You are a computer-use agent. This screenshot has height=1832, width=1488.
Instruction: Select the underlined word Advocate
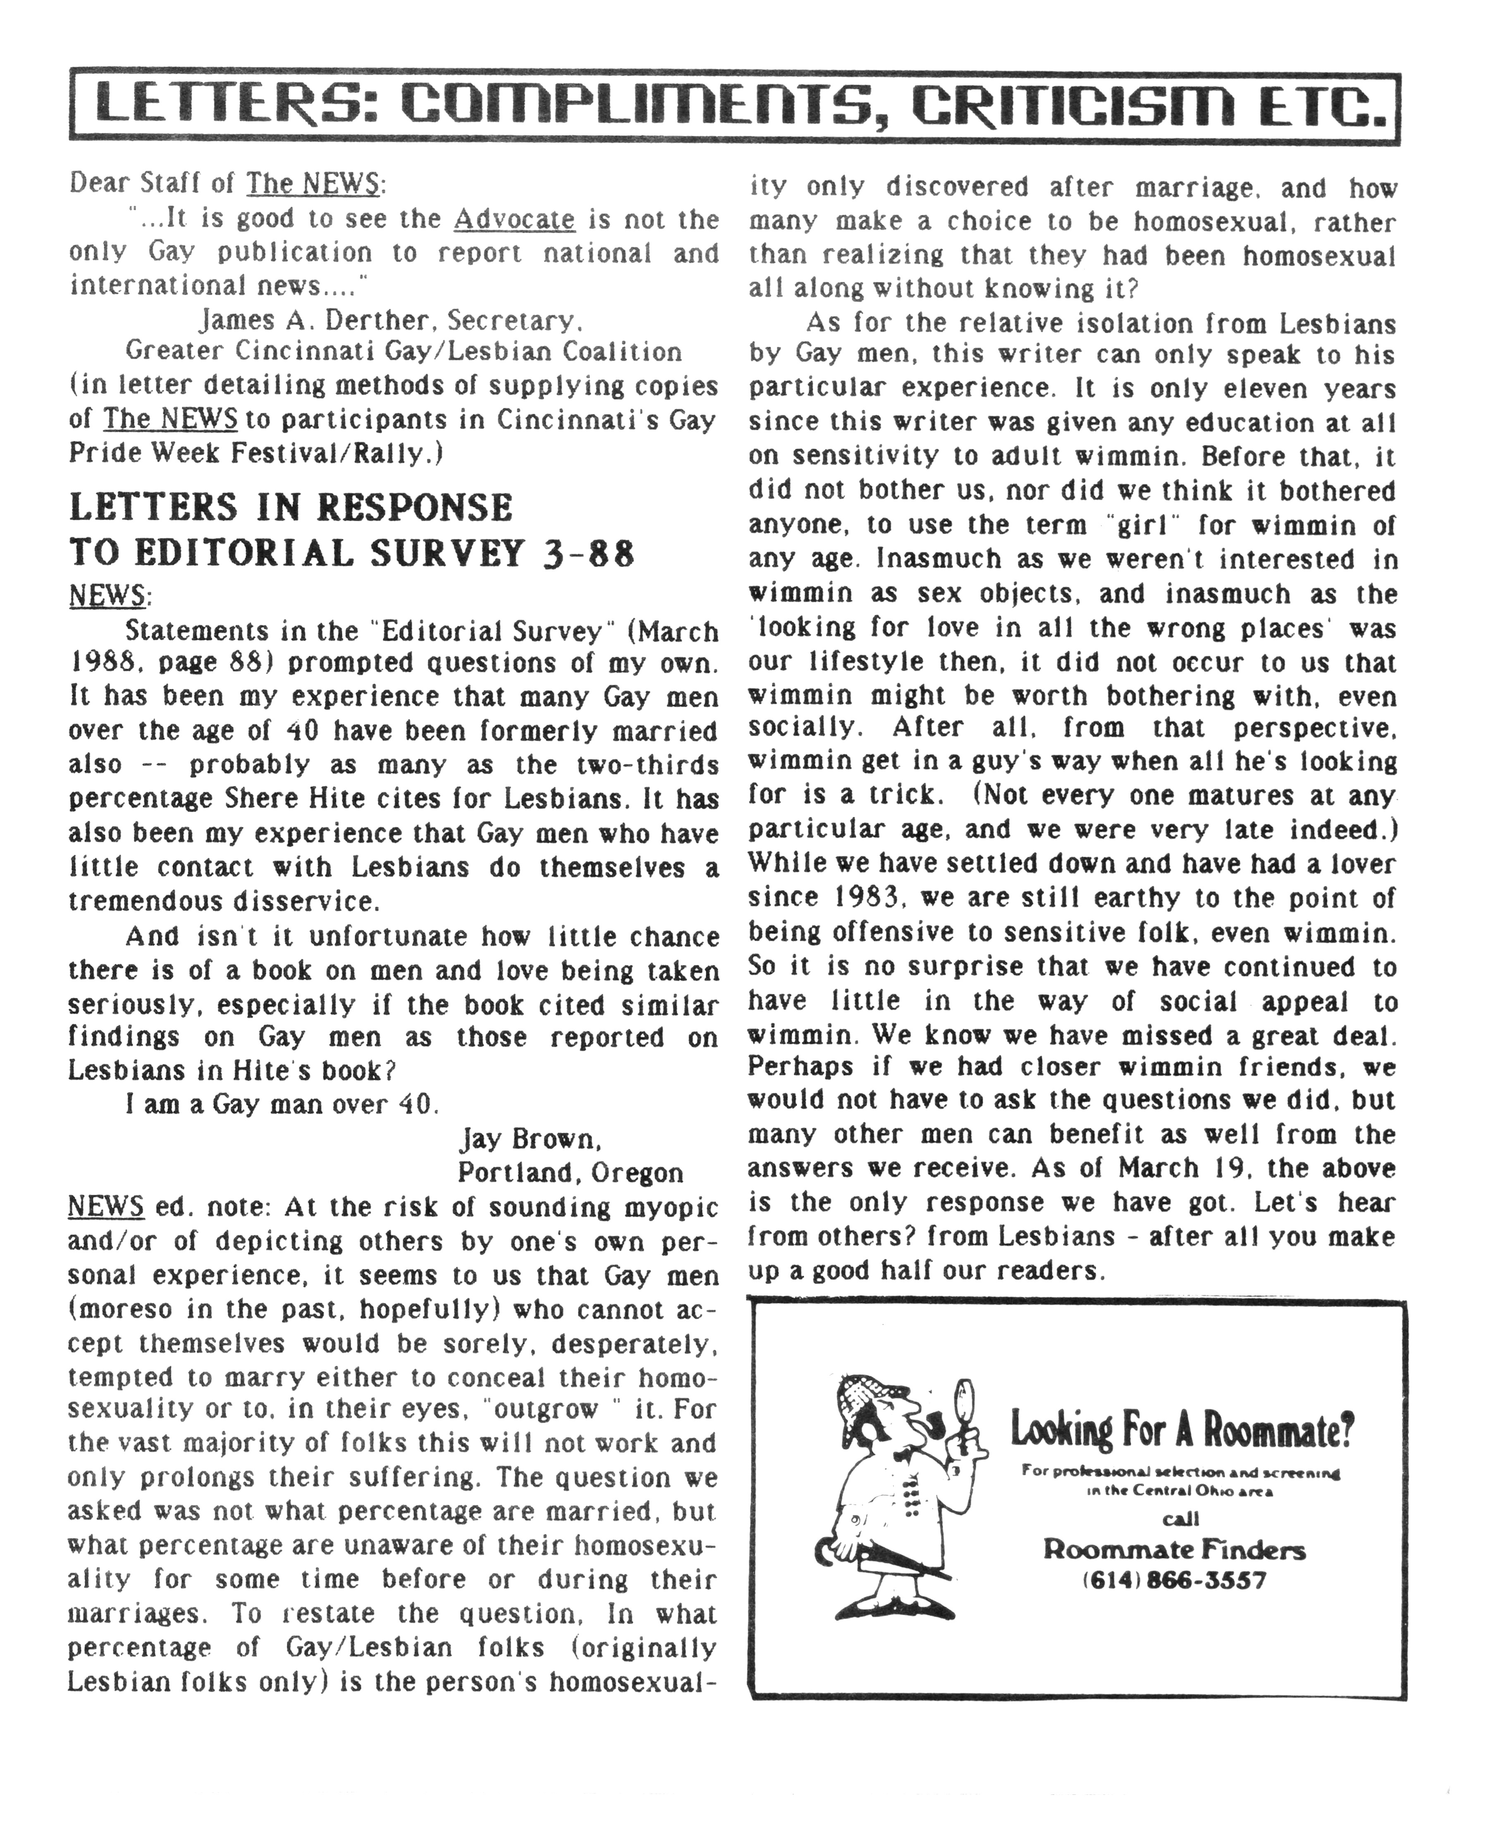point(514,219)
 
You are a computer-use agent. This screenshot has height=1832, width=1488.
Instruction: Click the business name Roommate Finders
point(1174,1549)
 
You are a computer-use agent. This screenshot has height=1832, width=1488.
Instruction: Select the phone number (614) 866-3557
point(1174,1579)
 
